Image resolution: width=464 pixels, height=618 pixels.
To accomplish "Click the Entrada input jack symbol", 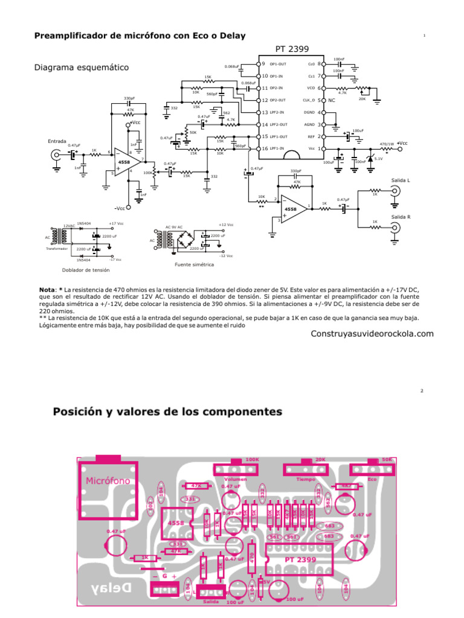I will coord(56,155).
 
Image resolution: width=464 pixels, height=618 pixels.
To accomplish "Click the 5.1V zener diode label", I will coord(379,159).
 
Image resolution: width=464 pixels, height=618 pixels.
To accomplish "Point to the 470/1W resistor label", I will coord(387,144).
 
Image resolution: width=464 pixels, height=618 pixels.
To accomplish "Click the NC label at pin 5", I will coord(332,100).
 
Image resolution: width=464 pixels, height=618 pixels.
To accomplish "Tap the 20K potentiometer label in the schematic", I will coord(362,98).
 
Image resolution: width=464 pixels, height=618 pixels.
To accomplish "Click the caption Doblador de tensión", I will coord(86,270).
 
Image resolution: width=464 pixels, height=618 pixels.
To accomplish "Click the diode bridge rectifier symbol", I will coord(187,240).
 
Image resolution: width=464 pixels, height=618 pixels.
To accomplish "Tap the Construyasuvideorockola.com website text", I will coord(372,334).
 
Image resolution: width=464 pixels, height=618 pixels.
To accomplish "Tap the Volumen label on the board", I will coord(233,478).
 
